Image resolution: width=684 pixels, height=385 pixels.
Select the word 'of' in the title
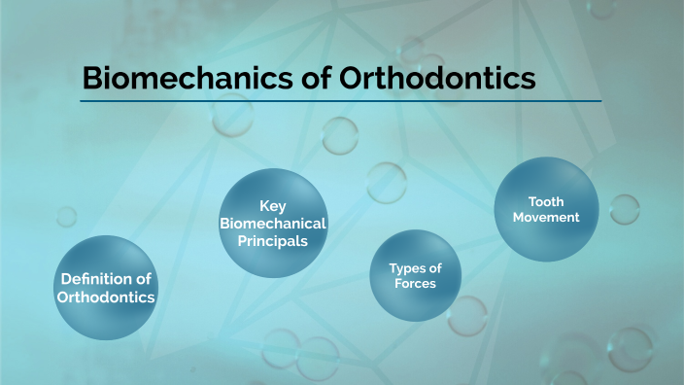tap(319, 78)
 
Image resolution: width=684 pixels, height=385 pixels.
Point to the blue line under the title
tap(340, 100)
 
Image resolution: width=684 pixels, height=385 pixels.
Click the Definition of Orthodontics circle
tap(106, 288)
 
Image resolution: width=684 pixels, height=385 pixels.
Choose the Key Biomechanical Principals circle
tap(272, 222)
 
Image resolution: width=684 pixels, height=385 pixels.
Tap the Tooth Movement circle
tap(545, 208)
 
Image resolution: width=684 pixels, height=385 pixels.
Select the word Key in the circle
tap(272, 206)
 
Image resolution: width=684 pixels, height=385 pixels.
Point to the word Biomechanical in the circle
tap(272, 224)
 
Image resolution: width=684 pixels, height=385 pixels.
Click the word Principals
tap(272, 240)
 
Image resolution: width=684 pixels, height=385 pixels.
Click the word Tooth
tap(545, 201)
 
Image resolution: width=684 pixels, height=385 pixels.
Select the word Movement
tap(545, 217)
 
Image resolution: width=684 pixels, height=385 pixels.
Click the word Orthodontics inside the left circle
tap(106, 297)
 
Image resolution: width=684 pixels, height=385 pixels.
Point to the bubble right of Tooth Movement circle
tap(624, 209)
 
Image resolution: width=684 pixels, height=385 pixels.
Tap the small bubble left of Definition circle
tap(66, 216)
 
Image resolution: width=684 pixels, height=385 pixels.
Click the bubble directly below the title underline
tap(340, 135)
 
